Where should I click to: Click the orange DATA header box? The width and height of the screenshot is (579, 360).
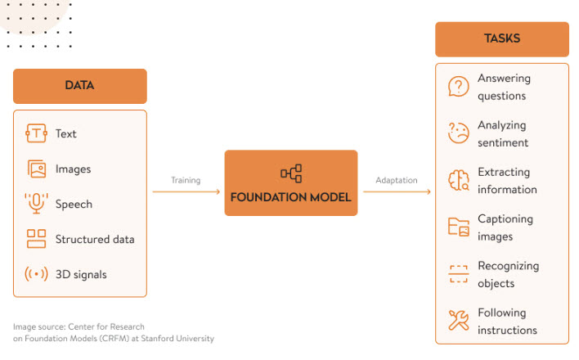(x=79, y=86)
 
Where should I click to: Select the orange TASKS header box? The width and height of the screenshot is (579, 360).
(x=501, y=38)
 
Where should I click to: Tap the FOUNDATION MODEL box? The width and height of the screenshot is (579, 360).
(x=290, y=183)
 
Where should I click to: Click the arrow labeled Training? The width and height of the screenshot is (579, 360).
(x=186, y=191)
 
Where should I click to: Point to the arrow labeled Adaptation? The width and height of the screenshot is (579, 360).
(x=397, y=191)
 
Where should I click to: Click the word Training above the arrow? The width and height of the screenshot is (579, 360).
(x=186, y=180)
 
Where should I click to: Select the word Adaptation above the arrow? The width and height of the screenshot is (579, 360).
(x=396, y=180)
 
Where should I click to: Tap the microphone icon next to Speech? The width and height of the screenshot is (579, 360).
(x=36, y=204)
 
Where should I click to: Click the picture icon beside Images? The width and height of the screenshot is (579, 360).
(x=36, y=169)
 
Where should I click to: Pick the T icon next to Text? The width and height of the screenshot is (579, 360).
(x=36, y=133)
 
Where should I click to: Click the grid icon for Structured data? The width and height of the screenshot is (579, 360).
(x=36, y=239)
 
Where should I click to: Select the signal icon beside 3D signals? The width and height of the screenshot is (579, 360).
(x=36, y=274)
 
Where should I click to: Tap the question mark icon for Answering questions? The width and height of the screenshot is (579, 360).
(x=458, y=87)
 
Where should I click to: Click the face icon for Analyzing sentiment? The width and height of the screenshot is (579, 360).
(x=458, y=133)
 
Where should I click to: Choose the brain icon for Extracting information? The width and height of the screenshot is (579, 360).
(x=458, y=180)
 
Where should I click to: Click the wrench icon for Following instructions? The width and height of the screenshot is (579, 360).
(x=458, y=321)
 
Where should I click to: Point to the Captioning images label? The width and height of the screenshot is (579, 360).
(x=505, y=227)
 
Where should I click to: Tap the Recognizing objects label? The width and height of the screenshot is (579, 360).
(x=508, y=274)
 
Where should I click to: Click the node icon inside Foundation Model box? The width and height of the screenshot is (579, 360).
(x=290, y=173)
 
